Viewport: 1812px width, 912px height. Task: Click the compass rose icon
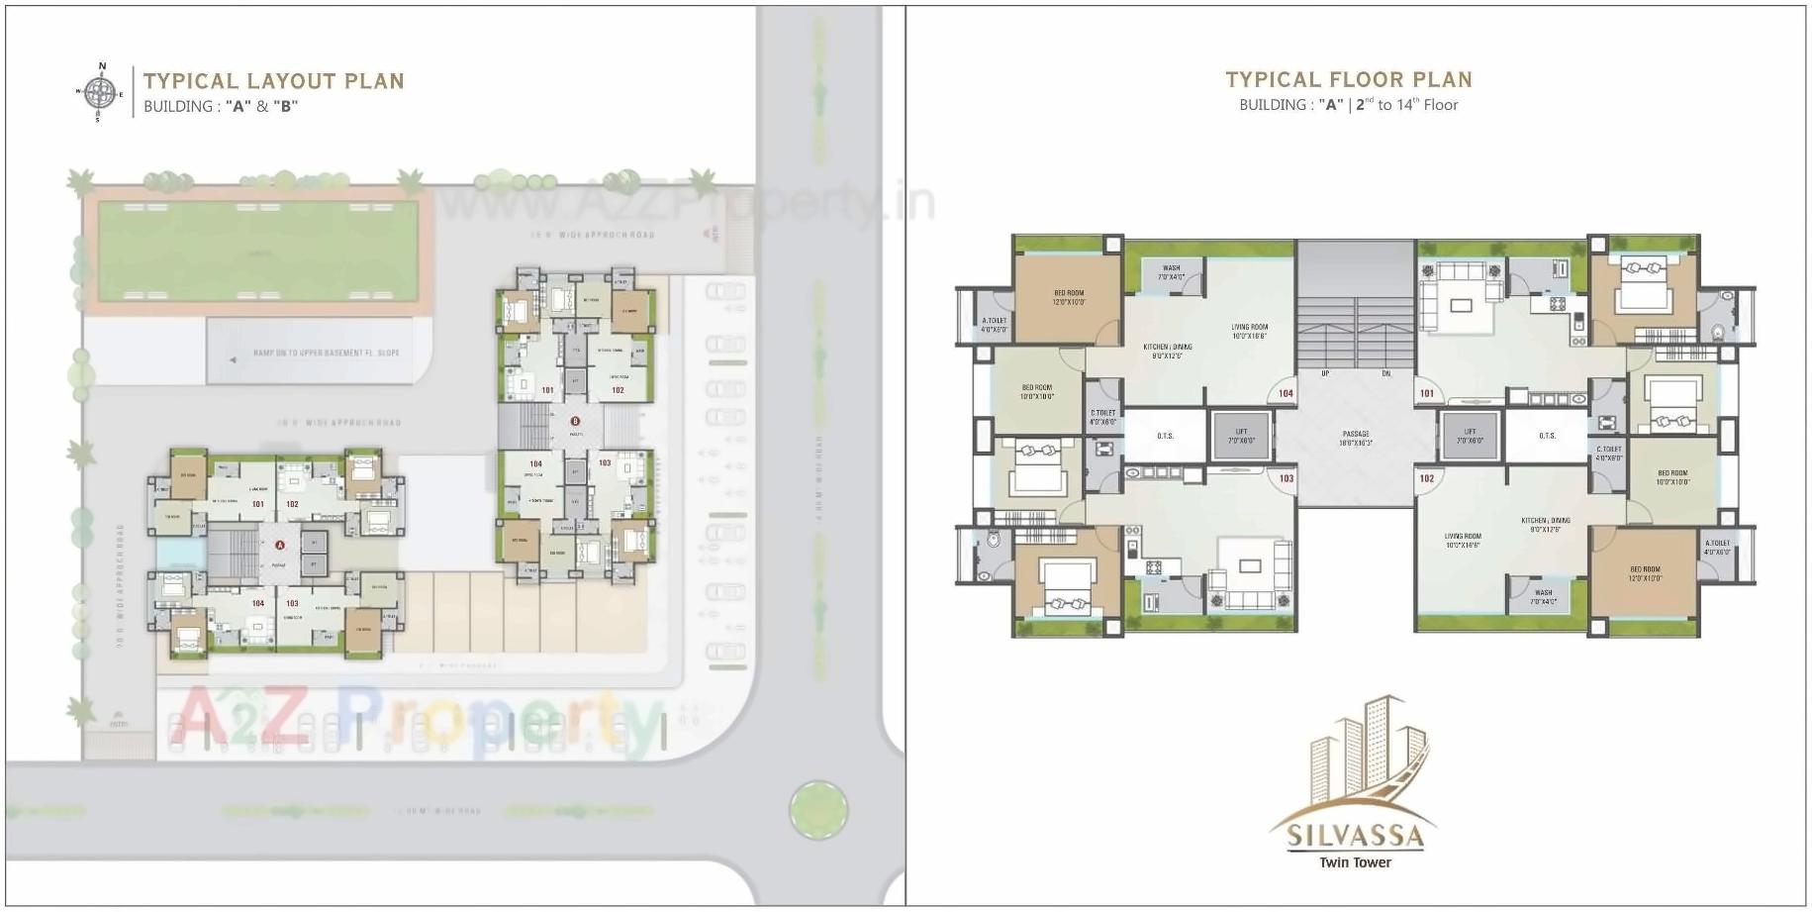click(97, 93)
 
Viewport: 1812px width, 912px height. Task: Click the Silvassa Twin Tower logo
click(1354, 782)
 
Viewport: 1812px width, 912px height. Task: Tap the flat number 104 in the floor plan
click(1286, 393)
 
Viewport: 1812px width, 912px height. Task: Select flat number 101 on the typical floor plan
click(1427, 393)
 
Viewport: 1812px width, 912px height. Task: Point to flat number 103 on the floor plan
click(1286, 478)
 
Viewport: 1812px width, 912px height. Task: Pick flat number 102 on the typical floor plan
click(1427, 478)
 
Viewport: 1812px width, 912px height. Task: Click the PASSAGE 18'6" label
click(1356, 438)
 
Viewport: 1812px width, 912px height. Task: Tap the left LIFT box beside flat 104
click(1241, 436)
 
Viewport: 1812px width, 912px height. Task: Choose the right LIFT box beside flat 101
click(1471, 436)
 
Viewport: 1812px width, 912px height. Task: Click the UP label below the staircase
click(1325, 373)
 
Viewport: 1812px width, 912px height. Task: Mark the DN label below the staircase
click(1386, 373)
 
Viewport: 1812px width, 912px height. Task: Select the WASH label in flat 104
click(1171, 272)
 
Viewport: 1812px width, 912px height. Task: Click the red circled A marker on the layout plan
click(280, 545)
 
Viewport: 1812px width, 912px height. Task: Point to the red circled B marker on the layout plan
click(575, 422)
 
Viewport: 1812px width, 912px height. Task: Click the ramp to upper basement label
click(326, 353)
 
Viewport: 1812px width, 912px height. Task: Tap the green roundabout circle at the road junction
click(818, 810)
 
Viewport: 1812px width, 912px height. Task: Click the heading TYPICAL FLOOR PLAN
click(1348, 80)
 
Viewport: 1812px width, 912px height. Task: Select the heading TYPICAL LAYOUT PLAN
click(273, 81)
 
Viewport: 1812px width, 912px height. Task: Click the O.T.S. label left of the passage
click(1165, 436)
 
